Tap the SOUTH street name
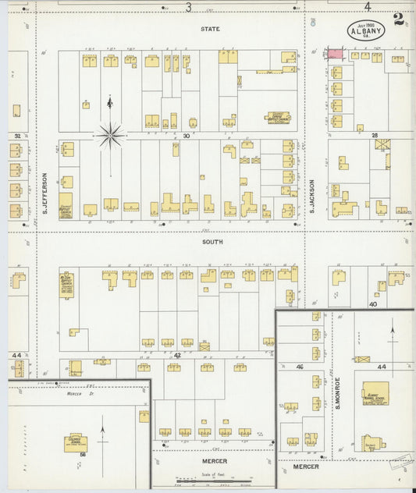(212, 242)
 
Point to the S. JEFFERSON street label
(46, 193)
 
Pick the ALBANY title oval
(366, 30)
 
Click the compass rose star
(110, 136)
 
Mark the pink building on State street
(334, 53)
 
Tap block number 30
(187, 136)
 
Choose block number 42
(177, 355)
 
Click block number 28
(375, 136)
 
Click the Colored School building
(76, 443)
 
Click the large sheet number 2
(399, 20)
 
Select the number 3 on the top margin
(188, 7)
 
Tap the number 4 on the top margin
(367, 7)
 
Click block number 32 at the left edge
(16, 136)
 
